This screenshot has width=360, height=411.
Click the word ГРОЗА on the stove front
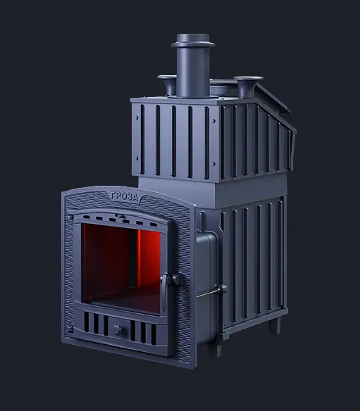point(124,196)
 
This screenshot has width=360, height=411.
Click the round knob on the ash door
point(118,329)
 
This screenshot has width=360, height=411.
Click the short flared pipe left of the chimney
point(168,84)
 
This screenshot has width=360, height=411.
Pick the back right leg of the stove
point(279,324)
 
